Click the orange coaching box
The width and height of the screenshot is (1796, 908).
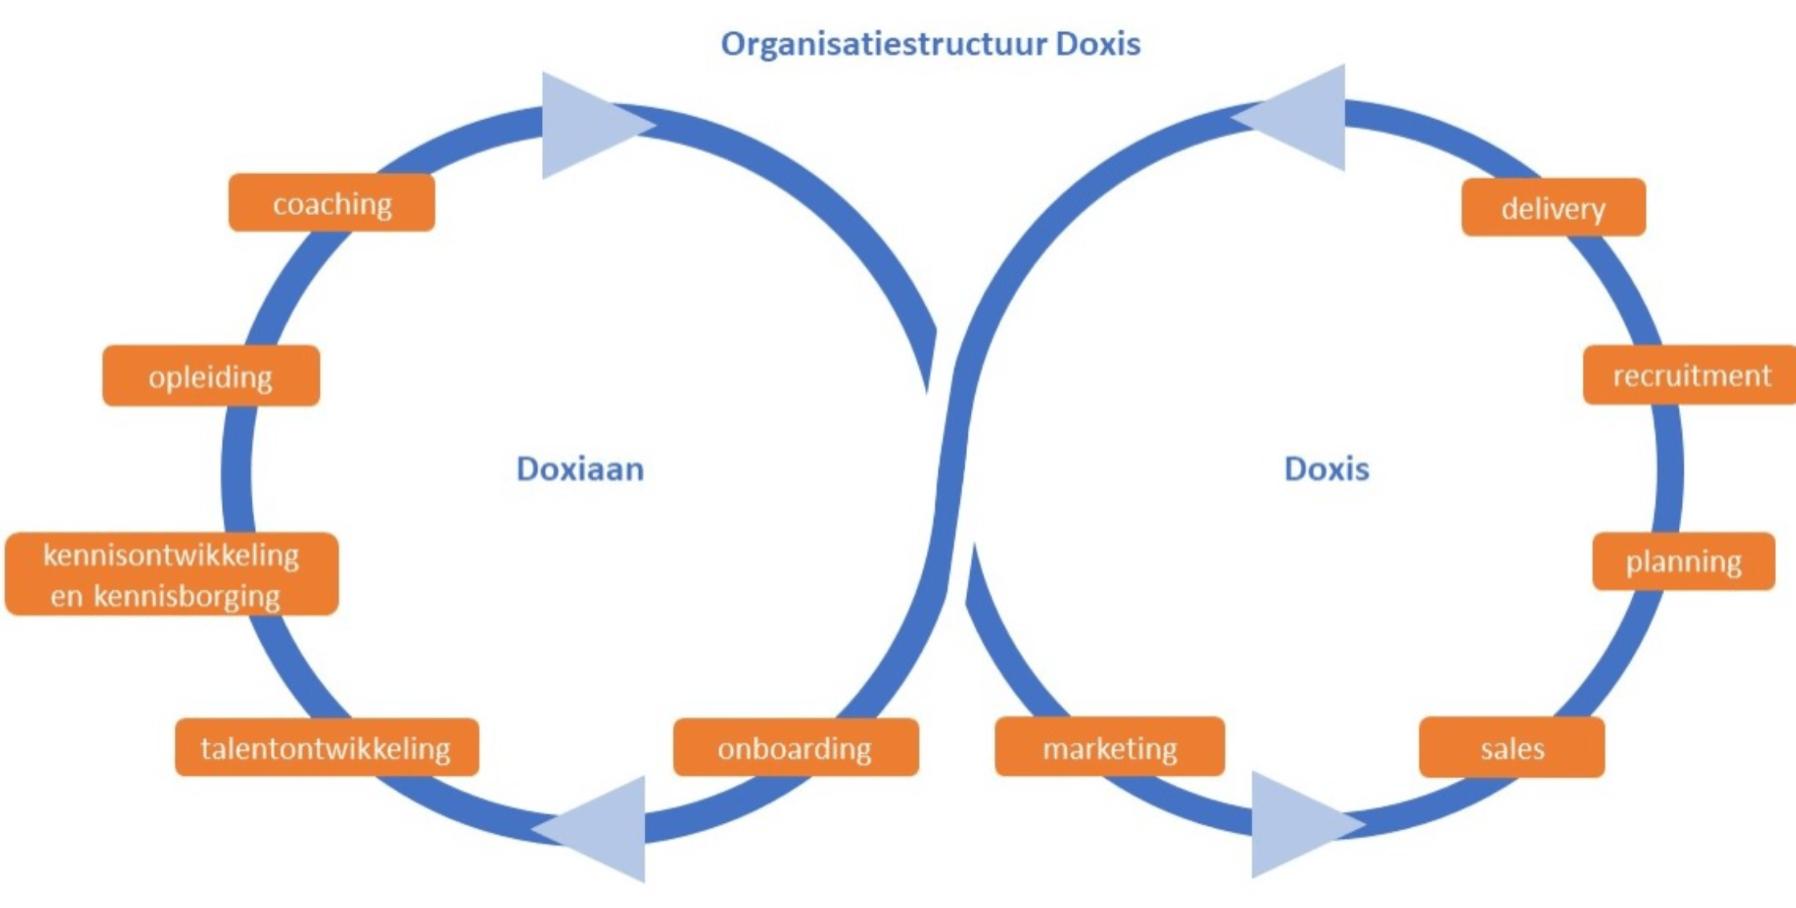click(x=332, y=203)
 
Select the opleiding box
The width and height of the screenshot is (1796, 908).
click(x=211, y=375)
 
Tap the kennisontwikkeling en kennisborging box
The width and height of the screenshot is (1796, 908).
click(x=172, y=574)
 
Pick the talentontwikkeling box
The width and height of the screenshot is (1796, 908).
click(x=326, y=748)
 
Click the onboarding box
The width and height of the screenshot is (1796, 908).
click(x=795, y=748)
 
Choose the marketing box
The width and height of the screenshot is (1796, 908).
click(x=1110, y=748)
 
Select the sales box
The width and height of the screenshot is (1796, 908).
click(x=1511, y=748)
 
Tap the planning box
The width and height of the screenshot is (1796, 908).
click(x=1683, y=561)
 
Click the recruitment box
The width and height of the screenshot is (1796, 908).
click(x=1690, y=375)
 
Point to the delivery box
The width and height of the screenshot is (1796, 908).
click(x=1553, y=208)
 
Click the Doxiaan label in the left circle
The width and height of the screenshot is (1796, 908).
click(x=580, y=469)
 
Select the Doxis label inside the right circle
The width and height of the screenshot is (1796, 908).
click(x=1326, y=469)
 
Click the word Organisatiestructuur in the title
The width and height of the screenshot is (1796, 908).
click(x=884, y=44)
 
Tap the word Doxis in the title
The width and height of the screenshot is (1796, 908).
click(x=1098, y=44)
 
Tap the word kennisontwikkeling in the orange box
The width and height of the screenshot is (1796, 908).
click(x=171, y=555)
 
